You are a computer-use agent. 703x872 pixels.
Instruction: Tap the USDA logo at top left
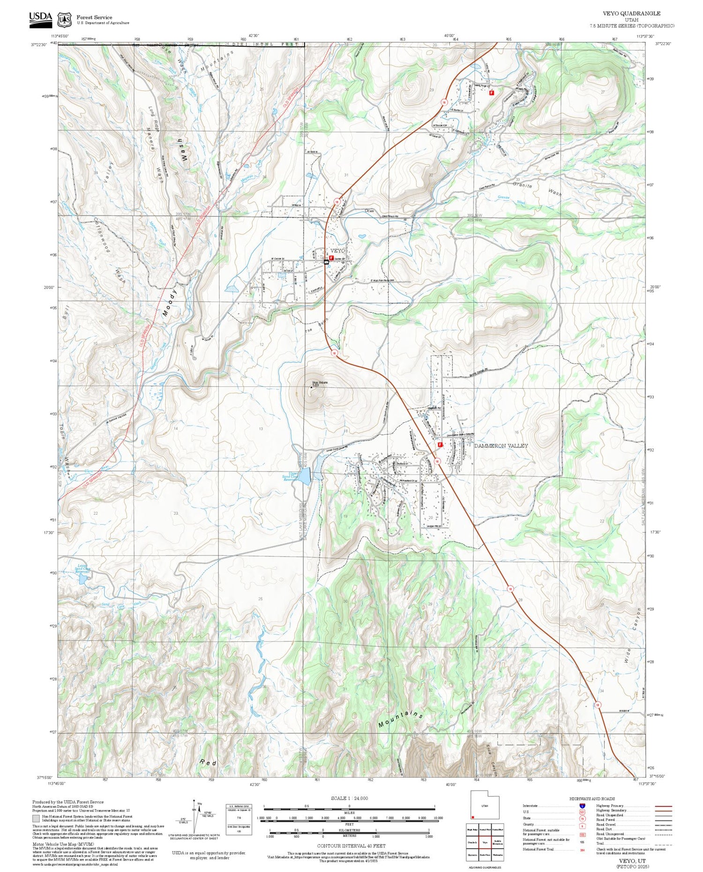[x=41, y=19]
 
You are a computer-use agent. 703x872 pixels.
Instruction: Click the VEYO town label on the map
[x=337, y=251]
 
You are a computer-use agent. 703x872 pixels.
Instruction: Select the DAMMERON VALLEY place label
[x=501, y=446]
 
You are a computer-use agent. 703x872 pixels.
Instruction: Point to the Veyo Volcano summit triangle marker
[x=311, y=387]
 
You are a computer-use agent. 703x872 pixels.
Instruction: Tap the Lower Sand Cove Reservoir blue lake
[x=82, y=579]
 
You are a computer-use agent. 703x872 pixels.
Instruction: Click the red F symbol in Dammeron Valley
[x=440, y=445]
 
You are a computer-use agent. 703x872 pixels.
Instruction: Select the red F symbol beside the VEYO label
[x=331, y=258]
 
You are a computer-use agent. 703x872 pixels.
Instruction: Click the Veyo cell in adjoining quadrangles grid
[x=485, y=842]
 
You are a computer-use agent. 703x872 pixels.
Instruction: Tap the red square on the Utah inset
[x=473, y=817]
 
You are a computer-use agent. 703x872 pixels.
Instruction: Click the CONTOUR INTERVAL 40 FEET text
[x=351, y=846]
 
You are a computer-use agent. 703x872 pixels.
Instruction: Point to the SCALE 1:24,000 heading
[x=349, y=798]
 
